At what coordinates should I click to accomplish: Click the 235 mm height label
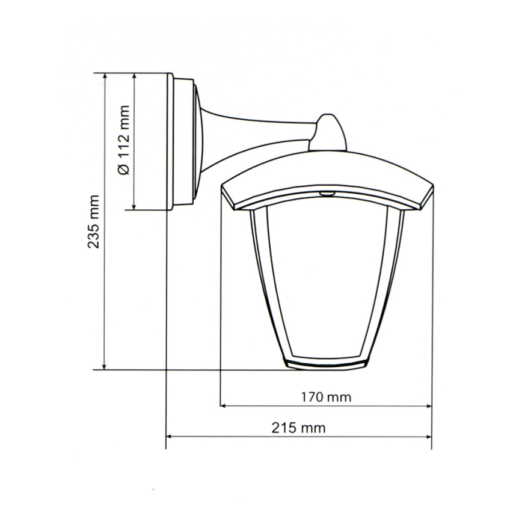click(x=93, y=222)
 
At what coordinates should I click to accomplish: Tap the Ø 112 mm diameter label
click(x=123, y=140)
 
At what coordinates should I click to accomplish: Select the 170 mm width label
click(x=325, y=397)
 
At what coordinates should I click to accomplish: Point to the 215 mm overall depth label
click(x=298, y=428)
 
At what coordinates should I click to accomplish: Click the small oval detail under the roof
click(x=328, y=193)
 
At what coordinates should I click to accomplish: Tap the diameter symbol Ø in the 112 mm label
click(x=123, y=169)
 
